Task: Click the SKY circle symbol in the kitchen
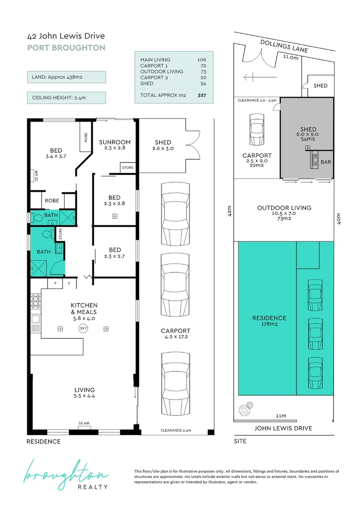coord(83,328)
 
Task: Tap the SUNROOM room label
coord(115,142)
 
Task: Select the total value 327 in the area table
coord(202,95)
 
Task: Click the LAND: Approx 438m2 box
coord(66,77)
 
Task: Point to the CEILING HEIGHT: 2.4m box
coord(66,98)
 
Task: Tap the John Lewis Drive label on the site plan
coord(283,428)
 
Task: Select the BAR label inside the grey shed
coord(325,161)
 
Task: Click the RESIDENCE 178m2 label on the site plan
coord(269,321)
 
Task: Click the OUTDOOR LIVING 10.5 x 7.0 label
coord(284,212)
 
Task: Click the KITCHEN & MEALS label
coord(84,309)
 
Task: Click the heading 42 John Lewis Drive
coord(66,36)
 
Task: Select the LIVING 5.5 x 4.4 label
coord(84,393)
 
